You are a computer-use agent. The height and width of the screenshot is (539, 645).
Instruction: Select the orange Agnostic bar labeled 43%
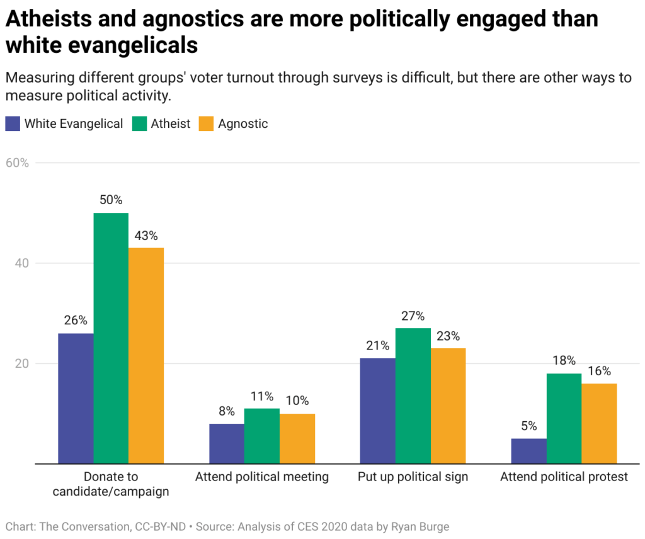click(146, 356)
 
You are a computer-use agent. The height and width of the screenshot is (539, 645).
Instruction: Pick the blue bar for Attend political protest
click(528, 451)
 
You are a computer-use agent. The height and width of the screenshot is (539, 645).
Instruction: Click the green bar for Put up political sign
click(413, 396)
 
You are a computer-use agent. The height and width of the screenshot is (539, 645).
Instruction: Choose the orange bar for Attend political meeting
click(297, 439)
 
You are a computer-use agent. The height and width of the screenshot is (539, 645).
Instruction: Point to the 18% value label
click(564, 361)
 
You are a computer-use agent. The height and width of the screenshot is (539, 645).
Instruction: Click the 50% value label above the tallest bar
click(111, 200)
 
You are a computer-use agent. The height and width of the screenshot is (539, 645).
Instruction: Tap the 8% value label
click(227, 411)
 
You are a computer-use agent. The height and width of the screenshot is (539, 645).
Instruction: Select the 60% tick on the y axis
click(17, 162)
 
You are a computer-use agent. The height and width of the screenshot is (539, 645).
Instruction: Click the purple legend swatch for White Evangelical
click(13, 123)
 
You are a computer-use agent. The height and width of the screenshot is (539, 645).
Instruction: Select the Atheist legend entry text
click(170, 123)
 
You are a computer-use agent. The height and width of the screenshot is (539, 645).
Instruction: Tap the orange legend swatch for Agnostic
click(206, 123)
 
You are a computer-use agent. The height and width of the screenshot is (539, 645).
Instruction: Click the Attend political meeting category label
click(261, 477)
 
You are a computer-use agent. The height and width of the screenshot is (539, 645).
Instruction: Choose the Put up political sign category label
click(413, 477)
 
